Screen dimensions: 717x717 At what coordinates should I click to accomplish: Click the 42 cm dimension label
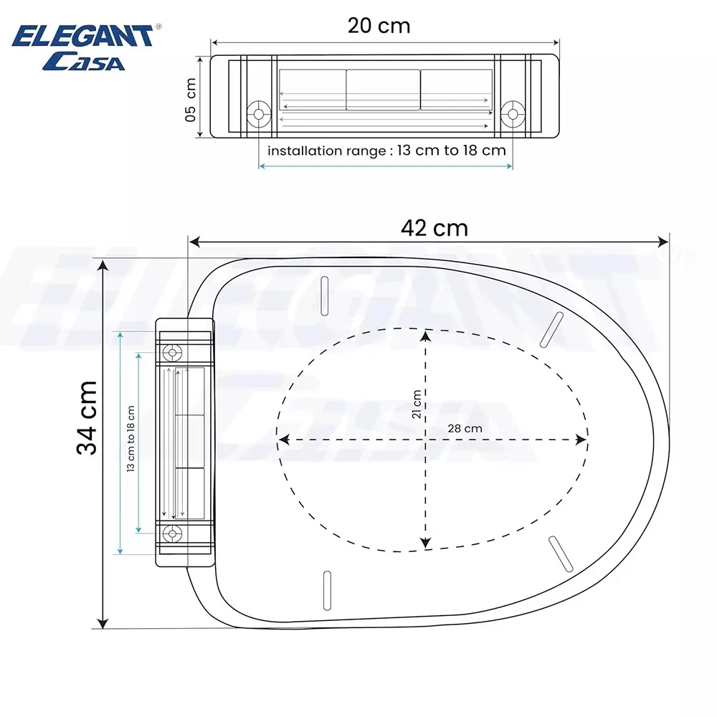[435, 228]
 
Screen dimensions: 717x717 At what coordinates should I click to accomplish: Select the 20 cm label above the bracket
[379, 26]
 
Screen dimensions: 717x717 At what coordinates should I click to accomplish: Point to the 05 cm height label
[191, 99]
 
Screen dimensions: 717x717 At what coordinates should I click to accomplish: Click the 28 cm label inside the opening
[463, 427]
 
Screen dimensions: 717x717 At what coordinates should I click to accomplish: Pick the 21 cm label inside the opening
[416, 404]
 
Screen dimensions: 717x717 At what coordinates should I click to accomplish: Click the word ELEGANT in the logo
[82, 36]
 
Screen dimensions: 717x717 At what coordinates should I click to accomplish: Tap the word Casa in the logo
[84, 62]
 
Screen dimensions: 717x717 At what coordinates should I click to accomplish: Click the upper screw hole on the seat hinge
[171, 352]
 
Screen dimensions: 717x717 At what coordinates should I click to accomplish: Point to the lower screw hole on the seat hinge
[171, 533]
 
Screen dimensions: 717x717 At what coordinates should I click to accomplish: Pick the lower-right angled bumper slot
[559, 554]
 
